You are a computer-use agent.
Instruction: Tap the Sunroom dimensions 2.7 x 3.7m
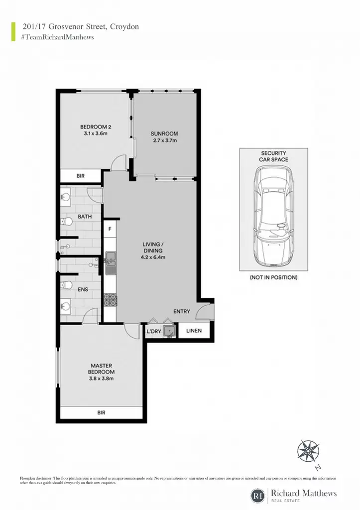click(165, 140)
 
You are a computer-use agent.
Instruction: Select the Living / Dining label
click(153, 247)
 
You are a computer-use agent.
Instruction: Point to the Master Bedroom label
click(101, 369)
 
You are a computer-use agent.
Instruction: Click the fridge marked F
click(110, 229)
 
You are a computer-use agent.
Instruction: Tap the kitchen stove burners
click(110, 300)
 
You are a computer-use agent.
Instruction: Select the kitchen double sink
click(110, 258)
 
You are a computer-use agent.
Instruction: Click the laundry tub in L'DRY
click(169, 331)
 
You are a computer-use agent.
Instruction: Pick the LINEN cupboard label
click(194, 331)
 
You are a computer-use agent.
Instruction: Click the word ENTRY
click(181, 311)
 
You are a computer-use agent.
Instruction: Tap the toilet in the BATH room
click(66, 222)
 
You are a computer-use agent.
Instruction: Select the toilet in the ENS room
click(66, 285)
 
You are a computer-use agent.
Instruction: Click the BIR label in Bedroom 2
click(81, 176)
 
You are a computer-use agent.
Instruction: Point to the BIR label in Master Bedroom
click(101, 413)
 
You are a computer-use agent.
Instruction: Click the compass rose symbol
click(308, 451)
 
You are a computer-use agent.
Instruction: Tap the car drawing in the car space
click(273, 217)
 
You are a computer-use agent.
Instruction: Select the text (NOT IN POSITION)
click(273, 277)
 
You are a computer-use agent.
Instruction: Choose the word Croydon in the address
click(124, 27)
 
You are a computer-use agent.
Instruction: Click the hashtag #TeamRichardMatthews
click(58, 37)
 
